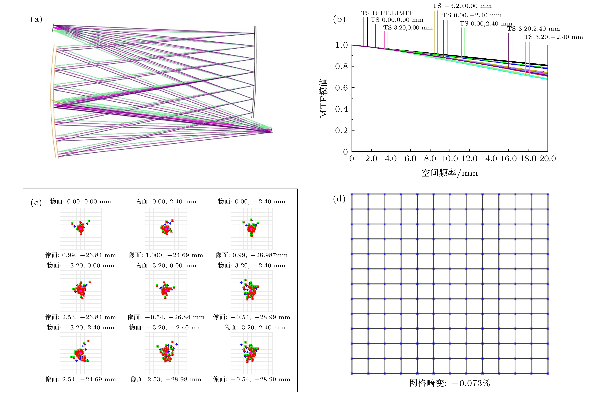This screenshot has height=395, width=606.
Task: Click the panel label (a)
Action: (x=36, y=19)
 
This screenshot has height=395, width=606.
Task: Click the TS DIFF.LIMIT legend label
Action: (x=386, y=13)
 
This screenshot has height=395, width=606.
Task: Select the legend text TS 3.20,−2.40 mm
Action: (x=553, y=37)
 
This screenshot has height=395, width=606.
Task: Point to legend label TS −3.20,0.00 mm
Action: (x=462, y=6)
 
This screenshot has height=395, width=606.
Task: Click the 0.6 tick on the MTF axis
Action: (x=341, y=88)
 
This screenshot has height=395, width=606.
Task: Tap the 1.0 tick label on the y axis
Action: (x=341, y=45)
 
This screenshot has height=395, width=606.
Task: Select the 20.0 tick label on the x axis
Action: (x=548, y=159)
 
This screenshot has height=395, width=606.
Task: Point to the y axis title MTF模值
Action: (x=323, y=98)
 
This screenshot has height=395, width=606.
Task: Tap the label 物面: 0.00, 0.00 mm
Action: (x=80, y=202)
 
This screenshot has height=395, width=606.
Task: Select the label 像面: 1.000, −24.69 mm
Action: (x=166, y=255)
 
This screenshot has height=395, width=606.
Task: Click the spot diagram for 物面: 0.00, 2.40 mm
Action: (x=166, y=229)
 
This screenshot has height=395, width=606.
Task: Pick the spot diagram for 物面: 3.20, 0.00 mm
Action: (x=166, y=291)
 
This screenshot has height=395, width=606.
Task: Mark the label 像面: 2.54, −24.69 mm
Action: (x=80, y=379)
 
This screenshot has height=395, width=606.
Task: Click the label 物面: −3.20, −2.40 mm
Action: (x=166, y=327)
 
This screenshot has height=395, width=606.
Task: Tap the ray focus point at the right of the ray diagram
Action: (x=271, y=131)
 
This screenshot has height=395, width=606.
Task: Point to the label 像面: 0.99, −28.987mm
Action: (x=252, y=255)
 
